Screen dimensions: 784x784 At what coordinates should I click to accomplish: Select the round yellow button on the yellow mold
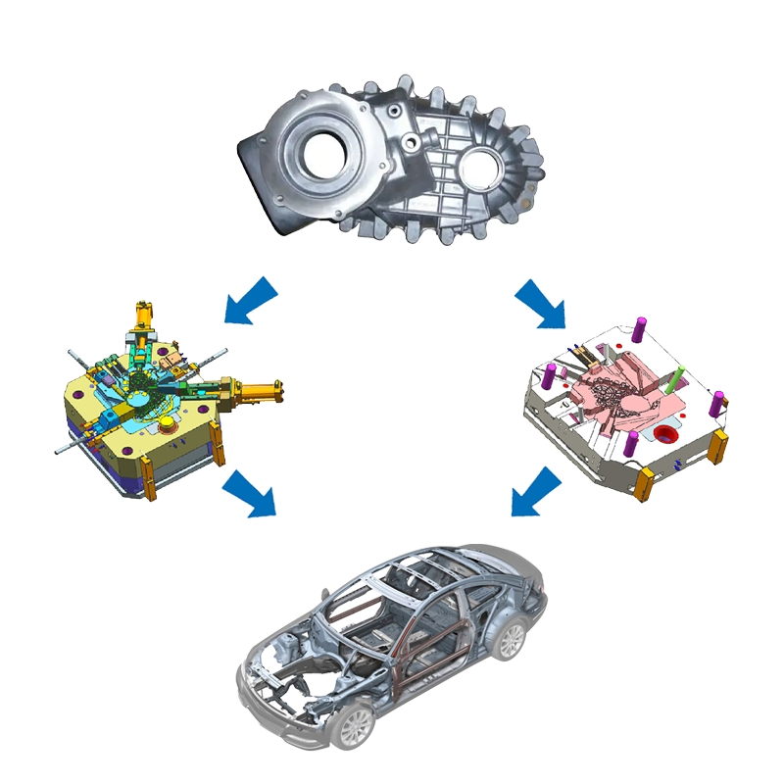(167, 422)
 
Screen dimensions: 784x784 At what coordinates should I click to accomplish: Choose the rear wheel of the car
(509, 639)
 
